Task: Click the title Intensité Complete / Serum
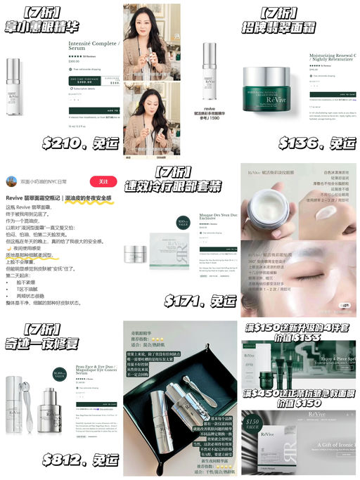point(94,46)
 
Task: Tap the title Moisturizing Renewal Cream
point(333,58)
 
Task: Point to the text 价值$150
point(299,403)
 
